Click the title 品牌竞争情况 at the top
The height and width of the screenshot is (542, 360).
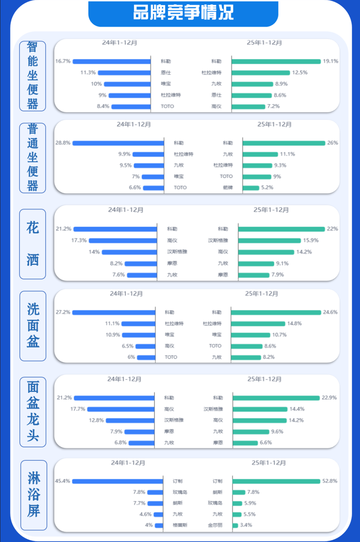click(183, 13)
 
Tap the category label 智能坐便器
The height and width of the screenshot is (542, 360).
click(32, 76)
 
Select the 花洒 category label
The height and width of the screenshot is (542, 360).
click(32, 244)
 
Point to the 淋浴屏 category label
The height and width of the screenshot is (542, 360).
click(33, 495)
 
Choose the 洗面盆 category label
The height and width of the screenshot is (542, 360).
click(33, 325)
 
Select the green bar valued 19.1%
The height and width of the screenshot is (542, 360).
click(276, 61)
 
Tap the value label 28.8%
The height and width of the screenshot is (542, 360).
click(63, 143)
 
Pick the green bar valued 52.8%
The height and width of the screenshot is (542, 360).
click(276, 481)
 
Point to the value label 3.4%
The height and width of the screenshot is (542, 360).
click(246, 525)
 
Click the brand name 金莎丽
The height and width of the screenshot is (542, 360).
click(215, 525)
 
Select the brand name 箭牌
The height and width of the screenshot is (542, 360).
click(228, 187)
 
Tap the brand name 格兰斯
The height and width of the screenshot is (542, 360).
click(180, 525)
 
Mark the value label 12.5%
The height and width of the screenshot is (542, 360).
click(300, 73)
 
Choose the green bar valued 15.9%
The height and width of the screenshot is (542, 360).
click(269, 240)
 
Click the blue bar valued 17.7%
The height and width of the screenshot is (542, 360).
click(121, 409)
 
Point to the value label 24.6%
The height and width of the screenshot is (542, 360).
click(330, 312)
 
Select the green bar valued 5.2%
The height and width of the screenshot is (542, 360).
click(251, 188)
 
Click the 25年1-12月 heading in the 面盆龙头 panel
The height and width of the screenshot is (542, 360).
click(264, 379)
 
